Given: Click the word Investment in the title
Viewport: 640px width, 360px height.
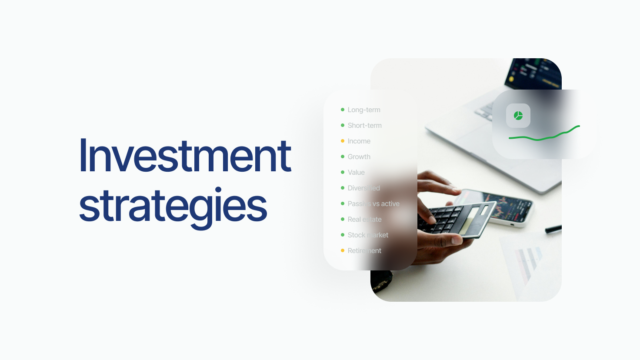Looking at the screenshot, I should [185, 156].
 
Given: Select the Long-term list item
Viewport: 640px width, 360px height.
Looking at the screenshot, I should [363, 110].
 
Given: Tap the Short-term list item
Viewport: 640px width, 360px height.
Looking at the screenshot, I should [364, 126].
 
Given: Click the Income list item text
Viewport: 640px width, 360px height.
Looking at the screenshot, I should [359, 141].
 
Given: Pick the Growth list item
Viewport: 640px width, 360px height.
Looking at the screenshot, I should [359, 157].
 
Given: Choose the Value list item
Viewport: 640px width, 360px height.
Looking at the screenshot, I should [356, 173].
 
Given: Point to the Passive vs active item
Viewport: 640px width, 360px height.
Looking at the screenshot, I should [373, 204].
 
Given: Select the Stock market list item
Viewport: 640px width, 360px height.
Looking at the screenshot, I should [368, 235].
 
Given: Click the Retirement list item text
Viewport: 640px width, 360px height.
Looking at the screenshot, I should [364, 251].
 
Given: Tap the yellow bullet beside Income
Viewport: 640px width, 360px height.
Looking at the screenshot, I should [343, 141].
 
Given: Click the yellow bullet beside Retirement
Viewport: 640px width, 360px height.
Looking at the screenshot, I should [343, 250].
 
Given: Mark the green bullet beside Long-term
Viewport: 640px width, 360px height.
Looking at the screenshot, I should [343, 110].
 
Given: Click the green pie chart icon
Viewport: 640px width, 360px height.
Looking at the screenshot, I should [518, 116].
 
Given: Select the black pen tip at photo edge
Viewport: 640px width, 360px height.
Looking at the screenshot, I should [553, 229].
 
